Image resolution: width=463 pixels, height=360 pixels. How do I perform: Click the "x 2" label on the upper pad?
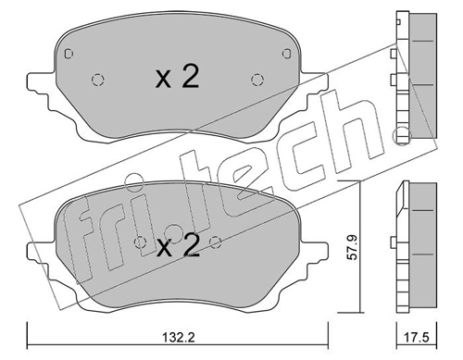pyautogui.click(x=177, y=78)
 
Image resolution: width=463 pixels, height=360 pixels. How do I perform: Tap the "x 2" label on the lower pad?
pyautogui.click(x=177, y=247)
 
